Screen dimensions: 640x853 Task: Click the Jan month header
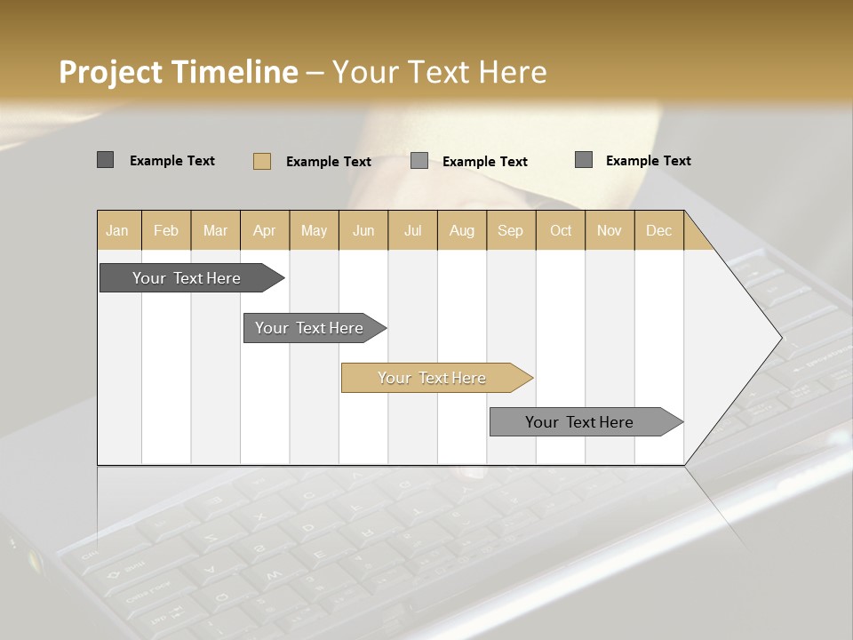[x=118, y=230]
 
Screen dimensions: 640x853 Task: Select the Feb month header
[x=166, y=230]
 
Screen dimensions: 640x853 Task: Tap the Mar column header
[x=215, y=230]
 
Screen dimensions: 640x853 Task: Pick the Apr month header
[x=265, y=230]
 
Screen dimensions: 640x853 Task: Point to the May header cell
[x=314, y=230]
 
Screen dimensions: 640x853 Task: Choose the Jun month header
[x=363, y=230]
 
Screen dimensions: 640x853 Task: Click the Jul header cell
[x=412, y=230]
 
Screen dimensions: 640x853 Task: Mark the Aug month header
[x=462, y=230]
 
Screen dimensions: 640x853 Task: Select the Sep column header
[x=511, y=230]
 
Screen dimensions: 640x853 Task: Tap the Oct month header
[x=561, y=230]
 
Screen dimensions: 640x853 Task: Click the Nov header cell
[x=610, y=230]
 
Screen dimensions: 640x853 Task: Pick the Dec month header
[x=659, y=230]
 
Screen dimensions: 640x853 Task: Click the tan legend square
[x=262, y=161]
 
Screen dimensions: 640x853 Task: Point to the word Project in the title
[x=112, y=72]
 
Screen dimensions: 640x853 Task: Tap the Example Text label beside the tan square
[x=329, y=162]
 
